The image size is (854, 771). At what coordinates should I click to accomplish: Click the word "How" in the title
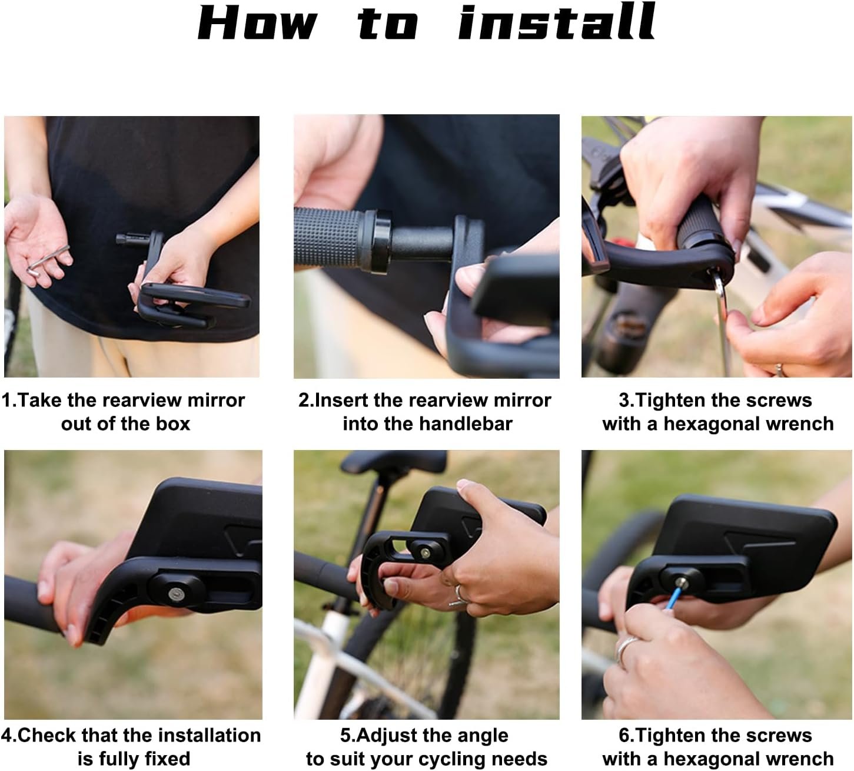(x=258, y=24)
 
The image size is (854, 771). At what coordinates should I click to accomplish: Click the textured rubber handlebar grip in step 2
(x=325, y=239)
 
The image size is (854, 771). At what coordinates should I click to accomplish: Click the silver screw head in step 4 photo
(x=175, y=594)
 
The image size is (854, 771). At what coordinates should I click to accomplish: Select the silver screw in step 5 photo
(x=425, y=553)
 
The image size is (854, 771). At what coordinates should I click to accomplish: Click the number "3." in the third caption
(x=627, y=400)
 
